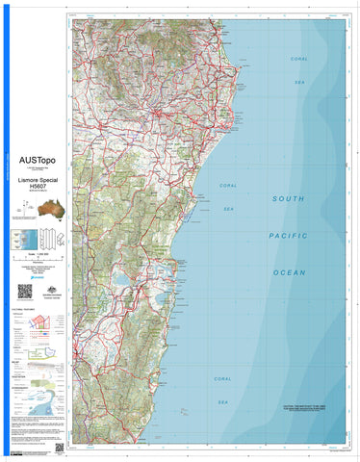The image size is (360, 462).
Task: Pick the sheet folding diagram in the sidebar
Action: pyautogui.click(x=21, y=242)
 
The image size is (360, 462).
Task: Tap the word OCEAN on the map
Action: pyautogui.click(x=288, y=272)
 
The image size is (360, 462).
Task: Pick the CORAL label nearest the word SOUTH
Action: pyautogui.click(x=228, y=185)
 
